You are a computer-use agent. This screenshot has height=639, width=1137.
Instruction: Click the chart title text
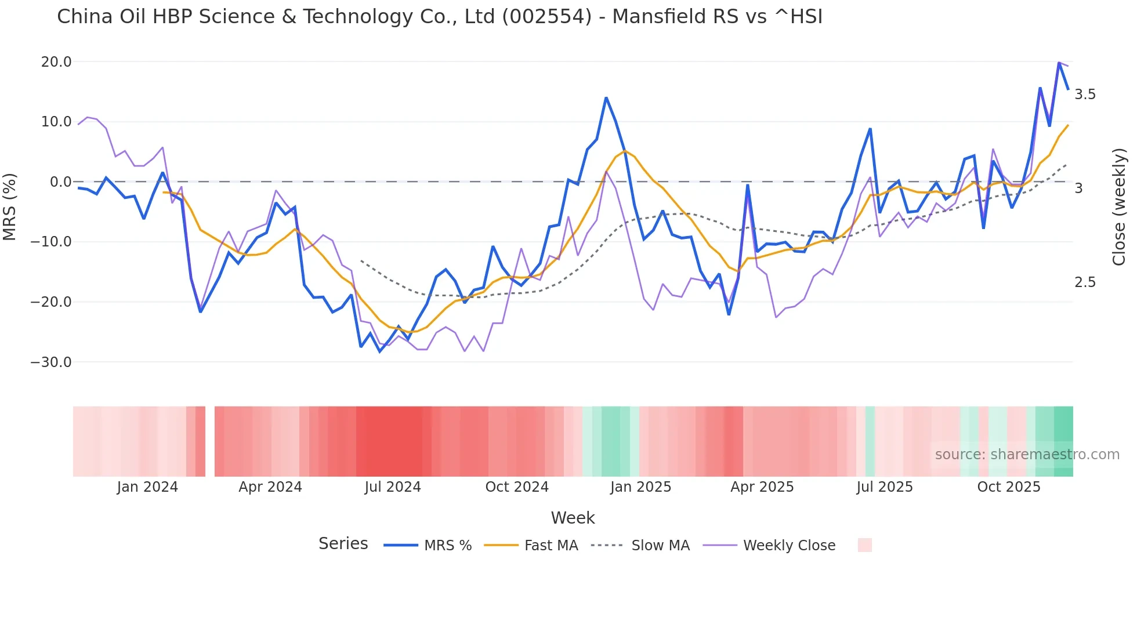coord(439,17)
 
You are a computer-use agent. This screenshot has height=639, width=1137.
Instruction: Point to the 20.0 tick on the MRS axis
coord(56,62)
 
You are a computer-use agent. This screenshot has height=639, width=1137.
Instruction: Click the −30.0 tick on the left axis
coord(51,362)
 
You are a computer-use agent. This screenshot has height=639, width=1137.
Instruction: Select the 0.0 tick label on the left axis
coord(61,182)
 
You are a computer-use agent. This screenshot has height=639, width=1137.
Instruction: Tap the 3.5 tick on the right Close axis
coord(1085,95)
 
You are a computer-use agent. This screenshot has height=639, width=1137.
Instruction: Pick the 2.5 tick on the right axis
coord(1085,282)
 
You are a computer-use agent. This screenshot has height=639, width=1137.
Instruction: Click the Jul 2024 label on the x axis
coord(393,487)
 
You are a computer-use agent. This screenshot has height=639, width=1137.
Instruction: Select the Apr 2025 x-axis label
coord(762,487)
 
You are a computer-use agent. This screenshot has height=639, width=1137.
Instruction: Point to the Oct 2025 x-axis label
coord(1009,487)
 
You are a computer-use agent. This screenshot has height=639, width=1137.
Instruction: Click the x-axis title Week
coord(573,518)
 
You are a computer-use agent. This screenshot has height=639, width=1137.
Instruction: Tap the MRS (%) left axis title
coord(10,206)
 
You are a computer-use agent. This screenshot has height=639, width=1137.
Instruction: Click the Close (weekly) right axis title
coord(1119,207)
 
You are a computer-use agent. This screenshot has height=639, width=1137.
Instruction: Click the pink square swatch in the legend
coord(864,545)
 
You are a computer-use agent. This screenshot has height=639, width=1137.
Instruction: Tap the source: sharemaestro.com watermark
coord(1027,455)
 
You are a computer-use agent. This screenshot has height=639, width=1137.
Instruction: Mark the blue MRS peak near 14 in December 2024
coord(606,98)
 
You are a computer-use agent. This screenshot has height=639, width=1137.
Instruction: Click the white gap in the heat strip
coord(210,441)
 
